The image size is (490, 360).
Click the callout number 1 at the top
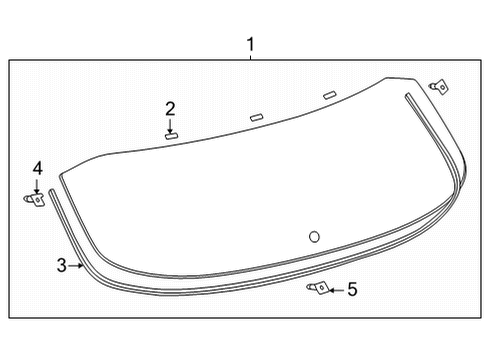[251, 45]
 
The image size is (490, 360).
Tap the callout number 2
[170, 108]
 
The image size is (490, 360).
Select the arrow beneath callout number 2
[170, 125]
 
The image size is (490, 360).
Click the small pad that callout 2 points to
[171, 135]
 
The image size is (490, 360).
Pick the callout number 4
[37, 168]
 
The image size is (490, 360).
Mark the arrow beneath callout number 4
[37, 185]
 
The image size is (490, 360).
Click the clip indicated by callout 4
[34, 199]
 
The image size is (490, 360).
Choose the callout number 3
[61, 265]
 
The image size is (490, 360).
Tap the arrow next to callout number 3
[76, 265]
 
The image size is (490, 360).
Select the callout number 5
[350, 290]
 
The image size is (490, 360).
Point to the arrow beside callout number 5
[334, 290]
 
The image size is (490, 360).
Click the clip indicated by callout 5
[317, 288]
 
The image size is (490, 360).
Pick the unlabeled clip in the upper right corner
[437, 86]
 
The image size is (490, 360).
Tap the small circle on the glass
[313, 237]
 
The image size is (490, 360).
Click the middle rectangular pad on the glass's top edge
[256, 116]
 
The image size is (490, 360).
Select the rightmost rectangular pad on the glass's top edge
[330, 96]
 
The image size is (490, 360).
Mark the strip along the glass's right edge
[440, 150]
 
